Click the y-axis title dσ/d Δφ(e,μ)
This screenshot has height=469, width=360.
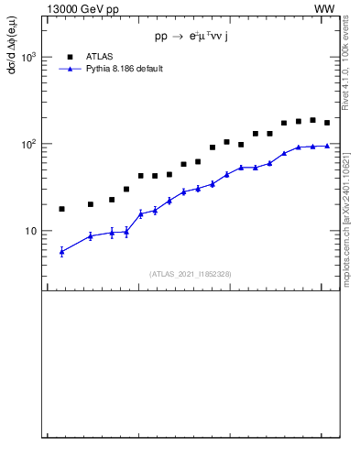coord(12,55)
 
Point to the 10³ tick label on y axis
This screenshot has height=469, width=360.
coord(29,57)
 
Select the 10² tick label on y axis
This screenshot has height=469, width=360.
coord(29,144)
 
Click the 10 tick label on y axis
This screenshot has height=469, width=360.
coord(32,231)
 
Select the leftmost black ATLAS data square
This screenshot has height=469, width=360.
coord(61,209)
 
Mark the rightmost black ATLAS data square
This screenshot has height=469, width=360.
coord(327,123)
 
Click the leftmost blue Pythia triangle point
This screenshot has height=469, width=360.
coord(61,251)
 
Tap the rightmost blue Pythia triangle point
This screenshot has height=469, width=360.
coord(327,145)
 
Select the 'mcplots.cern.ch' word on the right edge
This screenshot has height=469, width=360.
coord(345,253)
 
